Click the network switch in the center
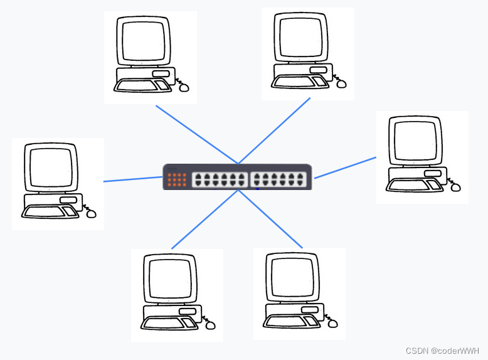pos(237,176)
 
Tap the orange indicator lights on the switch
pos(177,179)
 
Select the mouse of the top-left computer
pos(184,87)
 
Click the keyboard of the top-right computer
pos(299,82)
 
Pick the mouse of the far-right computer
pos(455,187)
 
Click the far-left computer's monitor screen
pos(51,168)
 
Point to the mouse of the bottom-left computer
pos(211,325)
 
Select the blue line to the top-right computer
pos(274,130)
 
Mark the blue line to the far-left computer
pos(133,179)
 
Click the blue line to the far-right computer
pos(345,167)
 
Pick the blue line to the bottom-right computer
pos(271,219)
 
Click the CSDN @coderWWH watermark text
pos(442,351)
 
